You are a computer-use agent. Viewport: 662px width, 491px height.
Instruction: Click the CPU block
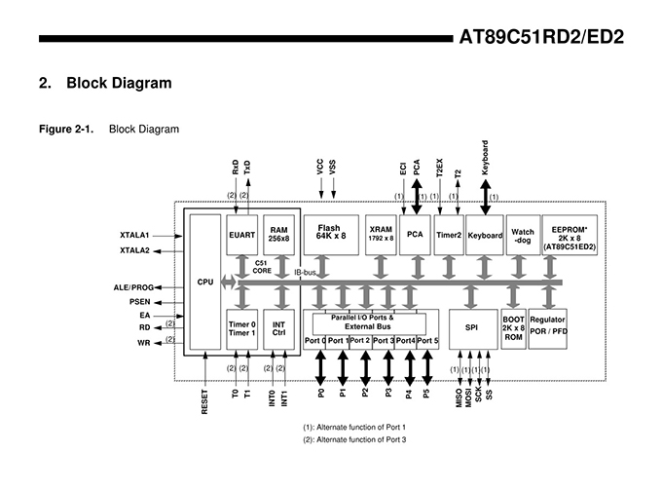205,282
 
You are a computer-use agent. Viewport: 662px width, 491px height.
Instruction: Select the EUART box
241,235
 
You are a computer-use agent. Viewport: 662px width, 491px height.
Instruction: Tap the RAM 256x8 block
278,235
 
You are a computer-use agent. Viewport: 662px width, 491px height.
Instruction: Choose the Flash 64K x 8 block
331,235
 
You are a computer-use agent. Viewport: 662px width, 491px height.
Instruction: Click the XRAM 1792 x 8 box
381,235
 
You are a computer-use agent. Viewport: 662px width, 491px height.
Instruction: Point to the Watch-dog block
523,235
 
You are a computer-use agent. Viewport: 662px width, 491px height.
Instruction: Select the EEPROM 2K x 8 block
570,235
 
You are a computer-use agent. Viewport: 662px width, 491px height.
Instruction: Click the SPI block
473,329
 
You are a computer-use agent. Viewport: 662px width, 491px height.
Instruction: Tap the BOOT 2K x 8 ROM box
513,329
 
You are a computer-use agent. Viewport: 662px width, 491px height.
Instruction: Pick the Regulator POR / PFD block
547,329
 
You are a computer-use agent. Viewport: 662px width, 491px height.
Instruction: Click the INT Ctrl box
278,329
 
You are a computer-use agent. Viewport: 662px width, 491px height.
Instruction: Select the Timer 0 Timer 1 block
241,329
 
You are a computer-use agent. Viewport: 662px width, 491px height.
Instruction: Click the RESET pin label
204,401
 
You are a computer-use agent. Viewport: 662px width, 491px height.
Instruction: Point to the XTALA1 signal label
134,236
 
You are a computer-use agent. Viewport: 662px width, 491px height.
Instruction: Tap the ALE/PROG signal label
133,287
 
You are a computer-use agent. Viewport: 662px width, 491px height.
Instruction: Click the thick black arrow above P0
321,368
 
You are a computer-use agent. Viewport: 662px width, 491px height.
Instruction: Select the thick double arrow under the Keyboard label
486,198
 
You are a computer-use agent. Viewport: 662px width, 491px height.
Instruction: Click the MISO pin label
460,398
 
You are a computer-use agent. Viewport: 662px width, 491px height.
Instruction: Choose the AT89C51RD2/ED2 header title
541,37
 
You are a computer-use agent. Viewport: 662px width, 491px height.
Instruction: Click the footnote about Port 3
354,440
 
